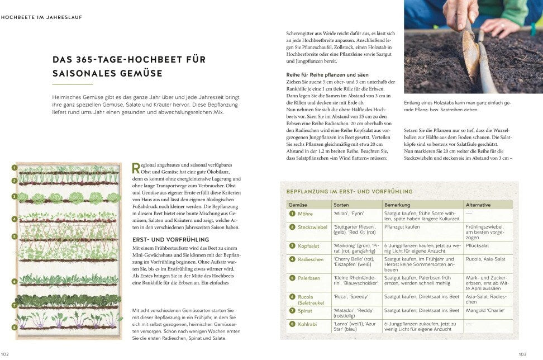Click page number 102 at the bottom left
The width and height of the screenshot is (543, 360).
click(x=5, y=354)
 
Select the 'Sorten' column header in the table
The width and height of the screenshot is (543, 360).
click(x=341, y=205)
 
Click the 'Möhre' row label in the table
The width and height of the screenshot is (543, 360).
click(x=305, y=214)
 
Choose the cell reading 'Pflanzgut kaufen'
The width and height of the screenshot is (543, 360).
click(x=402, y=226)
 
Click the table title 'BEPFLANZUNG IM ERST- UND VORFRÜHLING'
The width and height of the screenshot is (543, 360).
click(x=349, y=192)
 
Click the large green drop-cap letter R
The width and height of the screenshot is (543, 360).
click(x=135, y=168)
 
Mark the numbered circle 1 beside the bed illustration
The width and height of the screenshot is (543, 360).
click(x=15, y=167)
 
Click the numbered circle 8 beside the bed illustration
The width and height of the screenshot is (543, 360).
click(x=15, y=327)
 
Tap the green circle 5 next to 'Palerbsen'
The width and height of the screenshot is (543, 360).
click(x=292, y=278)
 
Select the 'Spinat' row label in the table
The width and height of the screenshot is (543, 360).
click(x=306, y=310)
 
